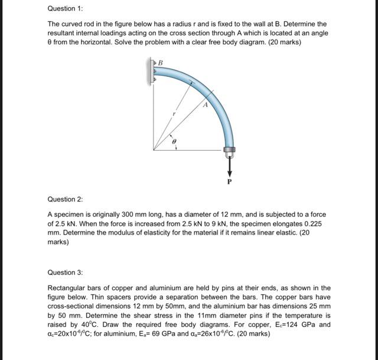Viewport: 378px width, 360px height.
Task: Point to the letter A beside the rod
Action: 205,105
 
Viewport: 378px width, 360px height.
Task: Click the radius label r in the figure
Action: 174,113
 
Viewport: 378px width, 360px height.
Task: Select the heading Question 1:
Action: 65,9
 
